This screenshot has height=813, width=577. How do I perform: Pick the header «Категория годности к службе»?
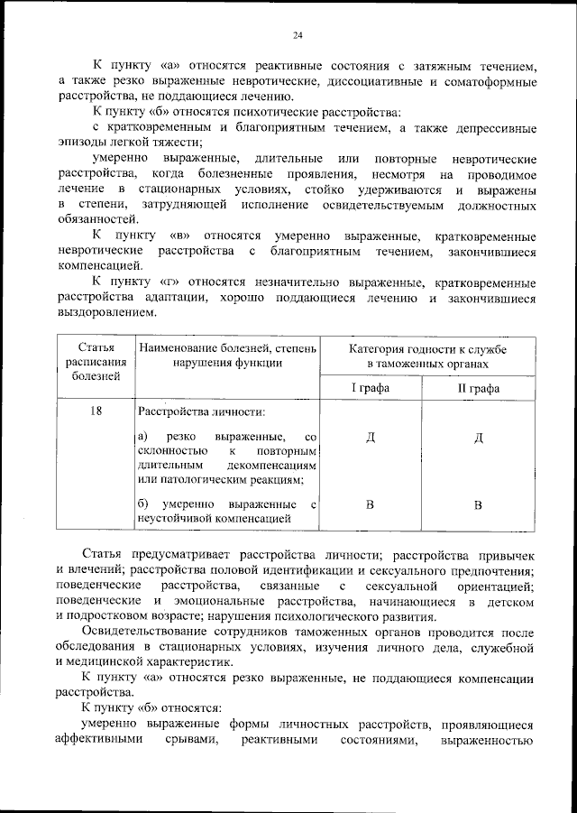tap(426, 348)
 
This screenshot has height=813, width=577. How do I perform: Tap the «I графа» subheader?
tap(370, 387)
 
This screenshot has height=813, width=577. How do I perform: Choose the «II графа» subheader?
tap(480, 387)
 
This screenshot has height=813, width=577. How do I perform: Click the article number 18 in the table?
tap(96, 411)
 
